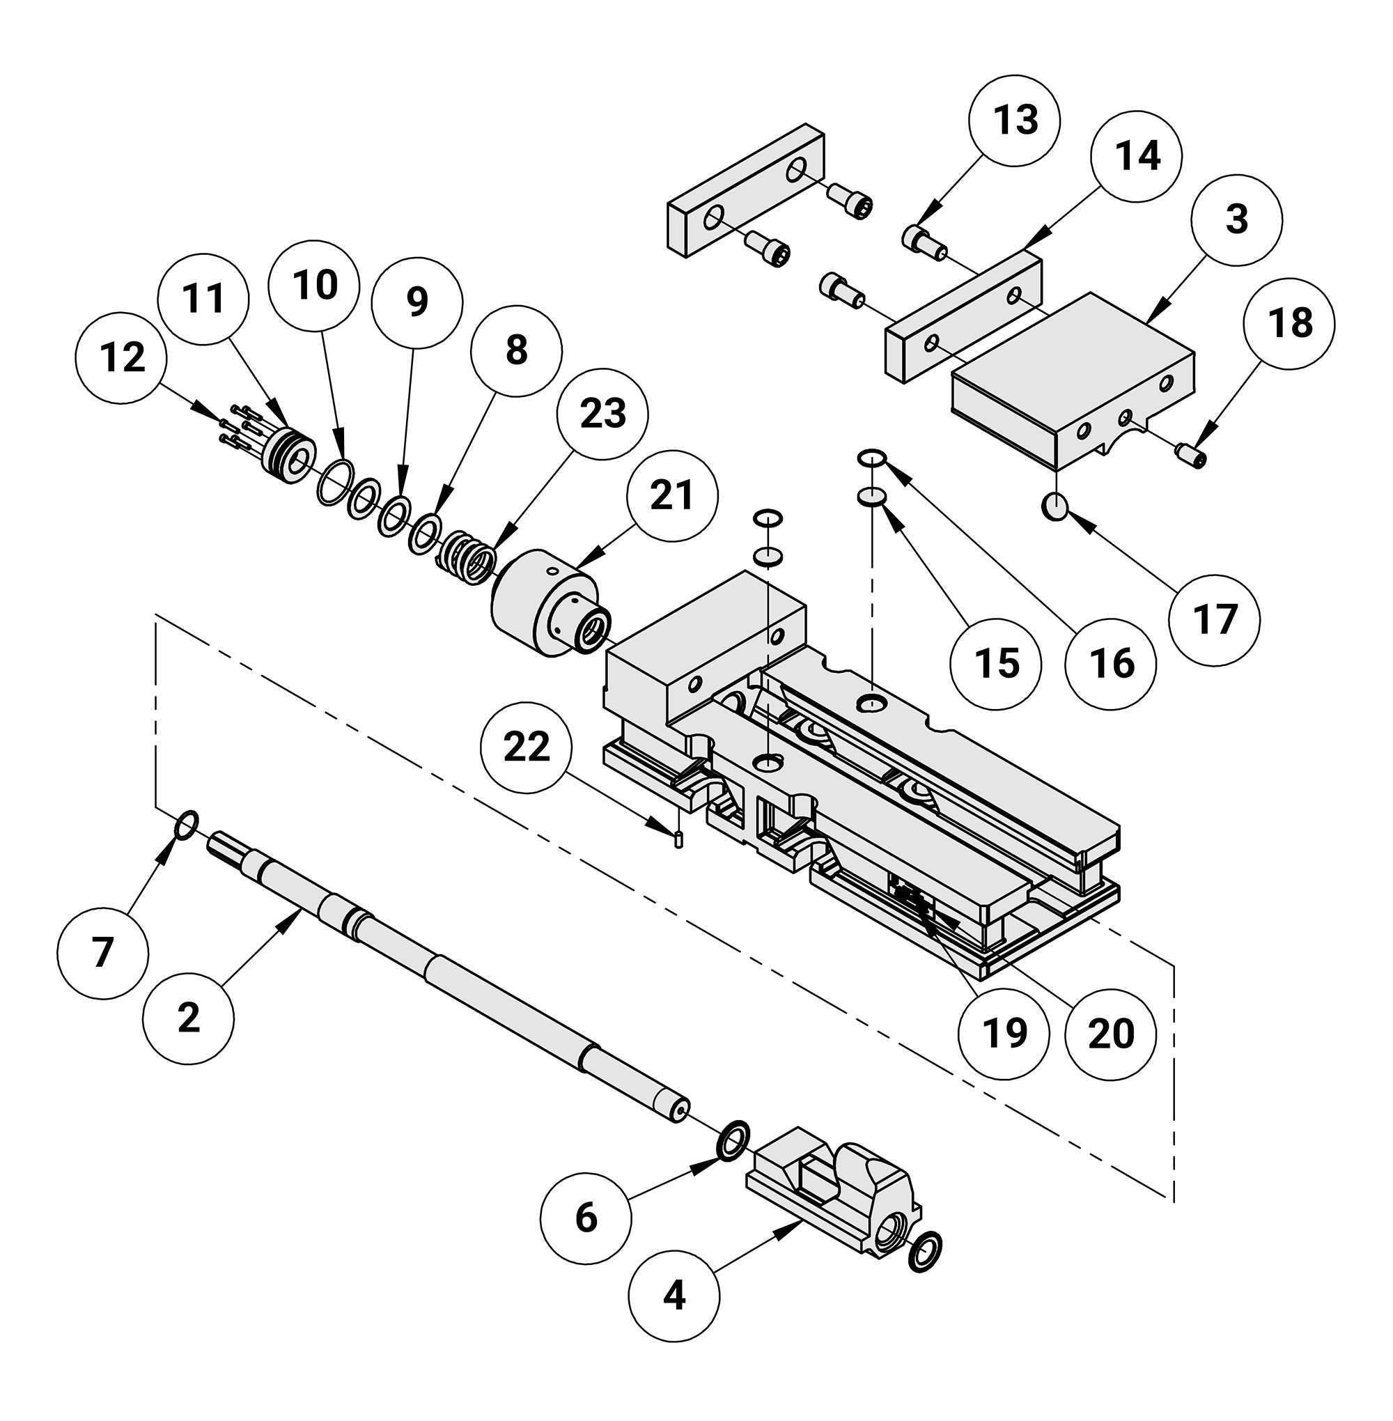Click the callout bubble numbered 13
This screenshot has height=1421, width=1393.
pyautogui.click(x=1015, y=119)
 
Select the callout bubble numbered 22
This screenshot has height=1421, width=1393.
pyautogui.click(x=526, y=748)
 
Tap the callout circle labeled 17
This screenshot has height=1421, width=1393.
pyautogui.click(x=1214, y=620)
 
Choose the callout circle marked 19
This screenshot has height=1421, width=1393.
pyautogui.click(x=1004, y=1033)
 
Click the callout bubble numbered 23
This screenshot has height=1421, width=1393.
pyautogui.click(x=602, y=414)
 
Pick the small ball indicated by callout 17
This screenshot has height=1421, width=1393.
pyautogui.click(x=1054, y=506)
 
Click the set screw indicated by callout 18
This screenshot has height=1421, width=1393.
pyautogui.click(x=1190, y=454)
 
